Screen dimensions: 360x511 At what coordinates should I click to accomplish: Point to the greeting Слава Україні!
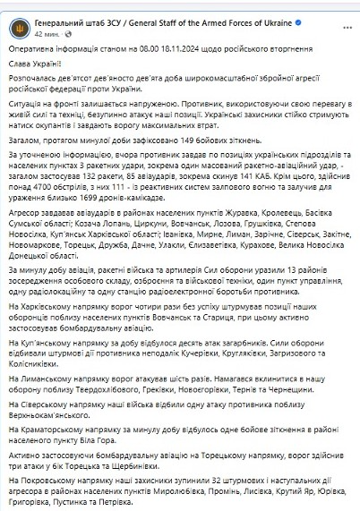coord(37,64)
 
